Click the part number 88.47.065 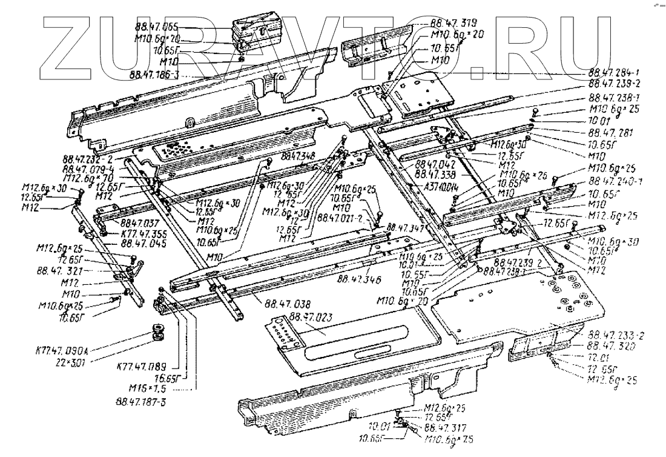(154, 28)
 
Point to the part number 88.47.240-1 (615, 182)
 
